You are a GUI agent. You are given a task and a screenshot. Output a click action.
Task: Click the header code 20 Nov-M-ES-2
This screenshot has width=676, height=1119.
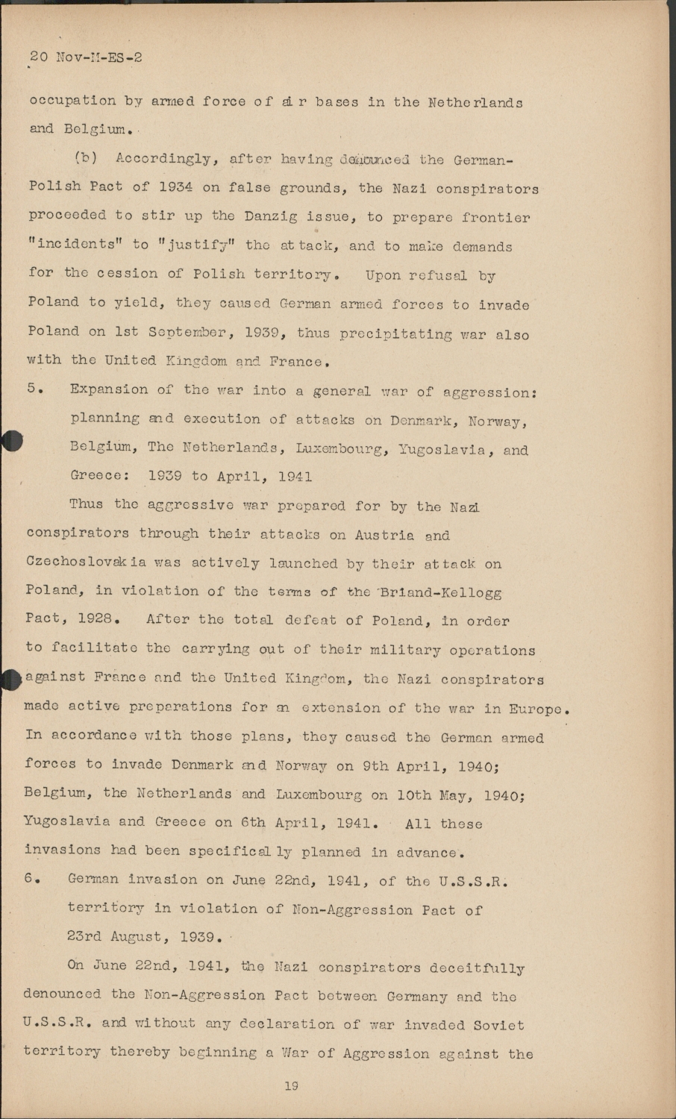point(85,57)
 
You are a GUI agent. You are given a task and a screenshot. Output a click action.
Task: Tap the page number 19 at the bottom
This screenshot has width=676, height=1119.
point(291,1086)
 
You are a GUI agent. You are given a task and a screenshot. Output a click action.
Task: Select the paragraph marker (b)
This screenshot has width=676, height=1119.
point(87,158)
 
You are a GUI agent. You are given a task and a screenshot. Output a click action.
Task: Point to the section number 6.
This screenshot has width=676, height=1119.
point(32,879)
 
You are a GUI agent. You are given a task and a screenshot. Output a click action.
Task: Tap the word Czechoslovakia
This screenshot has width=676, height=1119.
point(87,563)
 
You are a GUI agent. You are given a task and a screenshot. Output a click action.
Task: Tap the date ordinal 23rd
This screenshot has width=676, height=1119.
point(84,937)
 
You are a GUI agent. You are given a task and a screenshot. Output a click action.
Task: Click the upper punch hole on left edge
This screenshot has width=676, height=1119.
point(10,441)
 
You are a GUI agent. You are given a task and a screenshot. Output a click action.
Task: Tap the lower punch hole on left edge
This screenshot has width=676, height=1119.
point(9,679)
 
